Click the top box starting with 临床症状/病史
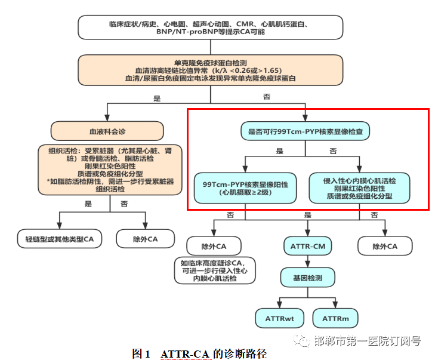(x=211, y=27)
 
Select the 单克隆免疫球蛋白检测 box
(x=211, y=70)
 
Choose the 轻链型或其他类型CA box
(x=59, y=239)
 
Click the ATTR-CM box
(x=307, y=245)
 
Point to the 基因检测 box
(x=307, y=278)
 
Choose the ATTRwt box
(x=279, y=319)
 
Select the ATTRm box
(x=335, y=319)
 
